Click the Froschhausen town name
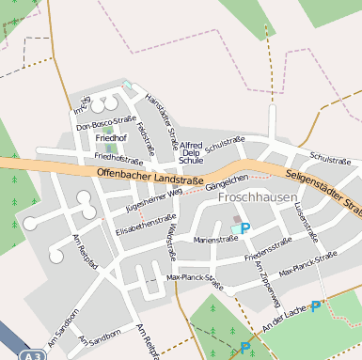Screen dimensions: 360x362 pos(257,198)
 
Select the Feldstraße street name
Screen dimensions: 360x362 pos(144,137)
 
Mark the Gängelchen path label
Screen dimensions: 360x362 pos(226,182)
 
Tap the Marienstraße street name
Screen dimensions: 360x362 pos(215,240)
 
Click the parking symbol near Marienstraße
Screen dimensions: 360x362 pos(245,228)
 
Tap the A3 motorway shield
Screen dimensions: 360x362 pos(34,355)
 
